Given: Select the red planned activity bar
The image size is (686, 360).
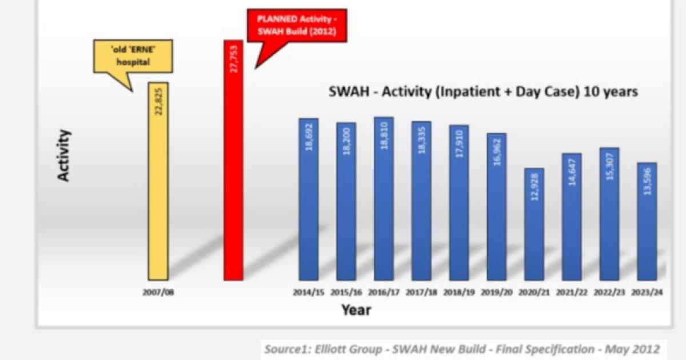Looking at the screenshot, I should pos(233,160).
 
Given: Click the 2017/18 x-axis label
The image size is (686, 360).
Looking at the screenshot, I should pos(421,293).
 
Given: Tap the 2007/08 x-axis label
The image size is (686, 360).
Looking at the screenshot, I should pos(158,293).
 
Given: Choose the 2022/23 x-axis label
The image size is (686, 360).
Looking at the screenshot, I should pos(609,293).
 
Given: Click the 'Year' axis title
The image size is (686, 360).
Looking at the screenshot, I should pos(356,310).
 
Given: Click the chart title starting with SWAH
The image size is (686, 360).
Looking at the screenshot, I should pos(483,91).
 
